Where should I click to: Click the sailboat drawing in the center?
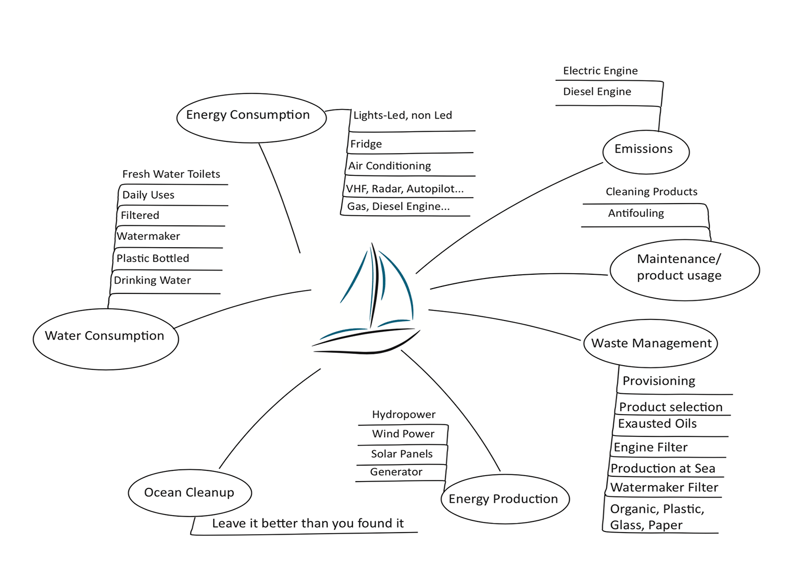coord(367,298)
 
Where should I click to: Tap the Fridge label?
coord(366,144)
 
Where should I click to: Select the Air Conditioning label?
coord(389,166)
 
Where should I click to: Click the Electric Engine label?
coord(600,71)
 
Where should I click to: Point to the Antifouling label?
coord(636,213)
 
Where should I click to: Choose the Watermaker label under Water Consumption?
coord(148,236)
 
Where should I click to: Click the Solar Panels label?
coord(402,454)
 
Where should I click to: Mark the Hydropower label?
coord(403,415)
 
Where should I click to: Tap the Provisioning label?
coord(659,381)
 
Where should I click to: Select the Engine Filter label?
coord(650,448)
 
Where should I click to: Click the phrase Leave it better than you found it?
coord(308,524)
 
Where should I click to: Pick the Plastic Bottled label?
coord(152,258)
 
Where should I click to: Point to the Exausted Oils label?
coord(657,424)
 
